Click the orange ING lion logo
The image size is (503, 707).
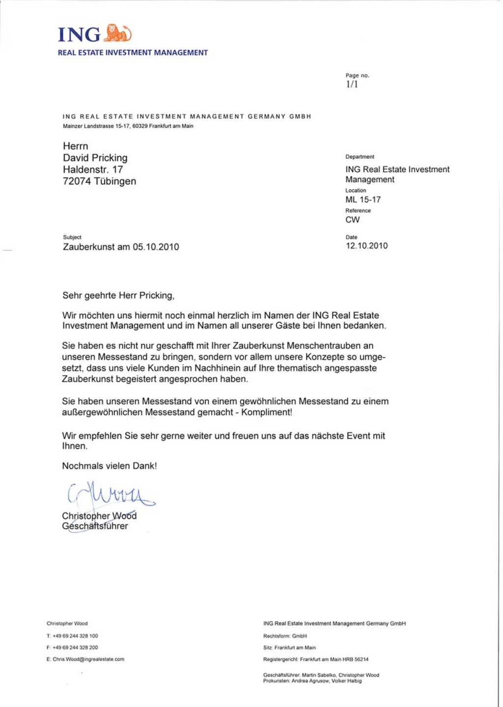118,33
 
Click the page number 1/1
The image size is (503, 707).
352,85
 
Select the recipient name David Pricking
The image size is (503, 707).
95,158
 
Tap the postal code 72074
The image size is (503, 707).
77,181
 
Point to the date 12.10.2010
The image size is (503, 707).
366,246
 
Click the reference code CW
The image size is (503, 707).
352,220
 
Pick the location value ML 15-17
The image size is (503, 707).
363,199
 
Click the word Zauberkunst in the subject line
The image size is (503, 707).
88,247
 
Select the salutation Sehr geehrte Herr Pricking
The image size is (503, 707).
118,295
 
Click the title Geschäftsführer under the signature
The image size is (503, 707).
95,526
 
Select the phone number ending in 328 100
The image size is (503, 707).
75,636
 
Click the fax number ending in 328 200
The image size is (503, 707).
75,648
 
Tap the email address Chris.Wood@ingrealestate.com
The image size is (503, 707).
88,659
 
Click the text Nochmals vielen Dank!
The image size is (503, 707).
109,466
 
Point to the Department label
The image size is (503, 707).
360,157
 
